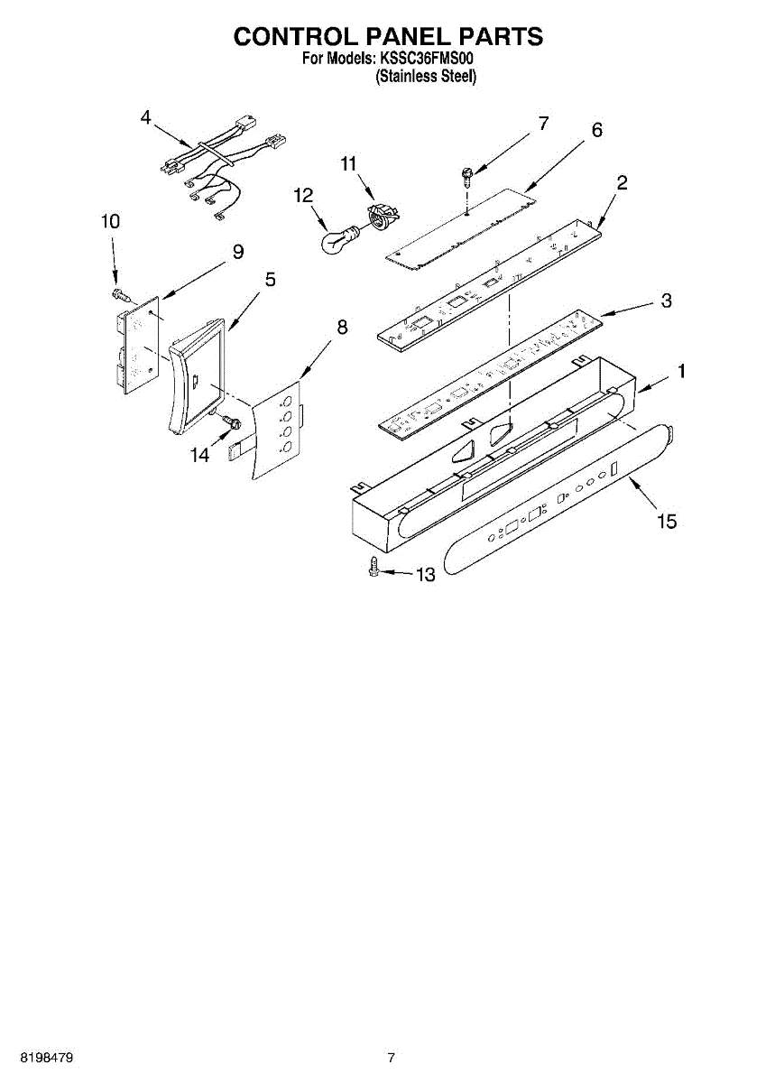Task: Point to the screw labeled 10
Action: click(120, 294)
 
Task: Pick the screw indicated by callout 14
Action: click(228, 421)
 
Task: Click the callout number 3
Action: click(666, 301)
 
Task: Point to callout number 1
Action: click(682, 371)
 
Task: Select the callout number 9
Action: click(237, 253)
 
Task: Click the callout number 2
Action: click(622, 181)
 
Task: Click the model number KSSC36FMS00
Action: click(425, 60)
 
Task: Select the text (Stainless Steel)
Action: click(425, 77)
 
